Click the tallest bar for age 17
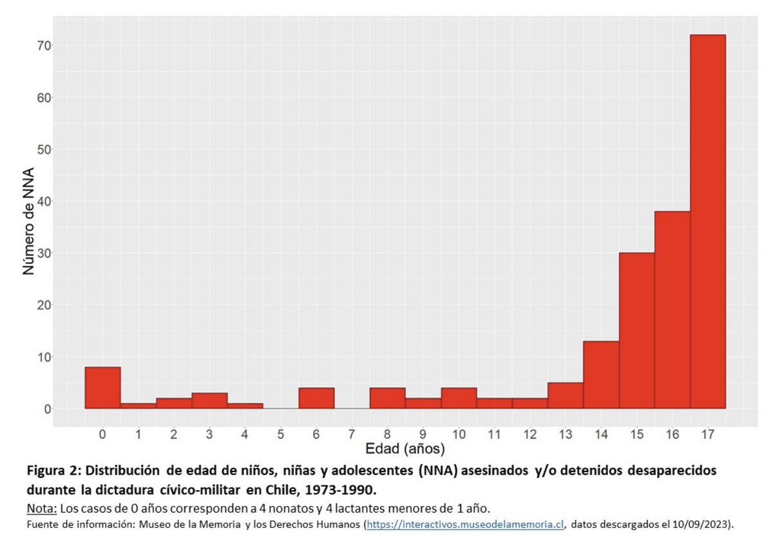pyautogui.click(x=707, y=222)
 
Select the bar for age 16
pyautogui.click(x=672, y=310)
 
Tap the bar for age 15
pyautogui.click(x=636, y=330)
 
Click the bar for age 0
pyautogui.click(x=102, y=388)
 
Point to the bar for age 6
pyautogui.click(x=316, y=398)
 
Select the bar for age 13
pyautogui.click(x=565, y=395)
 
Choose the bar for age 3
pyautogui.click(x=209, y=401)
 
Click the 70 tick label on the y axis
pyautogui.click(x=44, y=46)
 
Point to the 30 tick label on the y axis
pyautogui.click(x=44, y=253)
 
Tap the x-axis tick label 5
pyautogui.click(x=281, y=433)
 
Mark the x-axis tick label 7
pyautogui.click(x=352, y=433)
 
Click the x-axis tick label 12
pyautogui.click(x=530, y=433)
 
